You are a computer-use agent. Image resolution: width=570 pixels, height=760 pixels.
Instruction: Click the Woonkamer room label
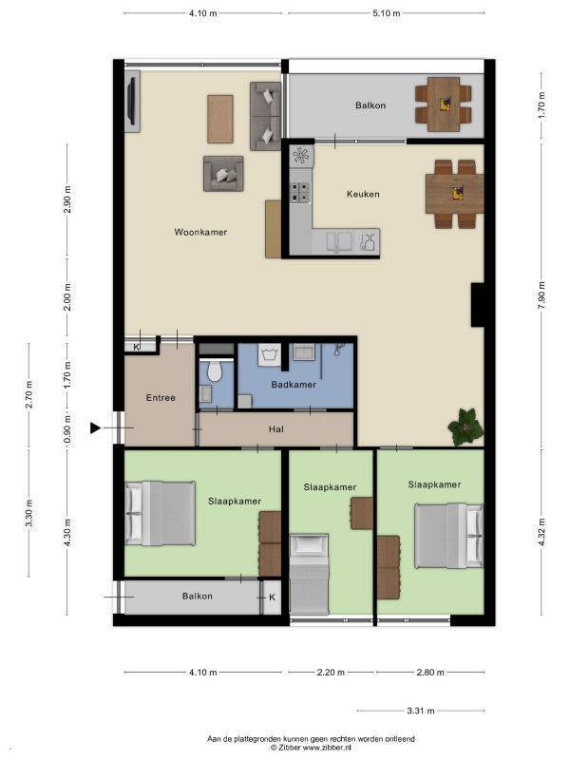click(200, 232)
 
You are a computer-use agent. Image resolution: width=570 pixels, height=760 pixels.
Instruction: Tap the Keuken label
click(363, 194)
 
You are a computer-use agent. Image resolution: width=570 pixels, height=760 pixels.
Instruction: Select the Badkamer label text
click(294, 385)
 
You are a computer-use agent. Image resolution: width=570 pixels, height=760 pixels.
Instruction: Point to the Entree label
click(161, 397)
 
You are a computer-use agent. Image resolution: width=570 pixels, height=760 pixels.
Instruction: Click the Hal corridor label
click(276, 429)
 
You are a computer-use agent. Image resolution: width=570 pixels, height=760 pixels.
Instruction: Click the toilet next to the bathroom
click(214, 370)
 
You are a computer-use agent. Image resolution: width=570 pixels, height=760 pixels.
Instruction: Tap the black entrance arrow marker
click(95, 428)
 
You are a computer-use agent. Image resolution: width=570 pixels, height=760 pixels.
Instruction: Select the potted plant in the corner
click(465, 427)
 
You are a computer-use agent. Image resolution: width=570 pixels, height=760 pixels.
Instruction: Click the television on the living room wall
click(131, 102)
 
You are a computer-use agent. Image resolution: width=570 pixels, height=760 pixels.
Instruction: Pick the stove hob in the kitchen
click(300, 192)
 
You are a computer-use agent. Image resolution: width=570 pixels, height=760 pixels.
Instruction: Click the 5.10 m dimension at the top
click(387, 13)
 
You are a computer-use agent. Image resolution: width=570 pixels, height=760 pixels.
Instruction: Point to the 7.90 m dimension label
click(541, 295)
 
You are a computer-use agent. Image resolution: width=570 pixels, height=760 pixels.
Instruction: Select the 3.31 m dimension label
click(421, 711)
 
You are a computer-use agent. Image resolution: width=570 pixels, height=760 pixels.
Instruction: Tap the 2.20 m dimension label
click(331, 673)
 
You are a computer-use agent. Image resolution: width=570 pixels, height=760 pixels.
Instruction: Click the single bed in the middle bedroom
click(310, 575)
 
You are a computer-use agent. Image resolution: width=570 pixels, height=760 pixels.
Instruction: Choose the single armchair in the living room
click(223, 174)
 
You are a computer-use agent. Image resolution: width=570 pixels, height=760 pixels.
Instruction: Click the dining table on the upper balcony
click(444, 104)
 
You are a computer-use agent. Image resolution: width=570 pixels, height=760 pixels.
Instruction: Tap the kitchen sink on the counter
click(339, 241)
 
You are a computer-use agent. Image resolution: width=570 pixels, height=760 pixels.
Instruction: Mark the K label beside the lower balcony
click(272, 597)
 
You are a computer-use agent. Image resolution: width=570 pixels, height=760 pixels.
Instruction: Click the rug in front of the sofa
click(220, 120)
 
